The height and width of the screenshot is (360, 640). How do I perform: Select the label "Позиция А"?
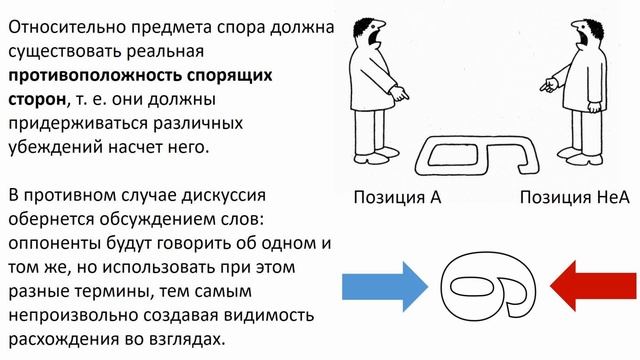point(397,197)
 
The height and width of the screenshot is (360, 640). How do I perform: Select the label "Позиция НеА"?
point(568,197)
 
